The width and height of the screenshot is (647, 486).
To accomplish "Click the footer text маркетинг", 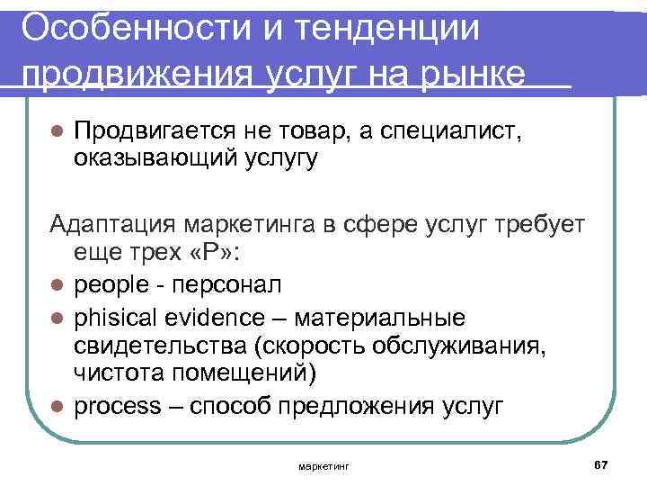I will click(323, 466).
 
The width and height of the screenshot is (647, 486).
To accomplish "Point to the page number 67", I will click(601, 463).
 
